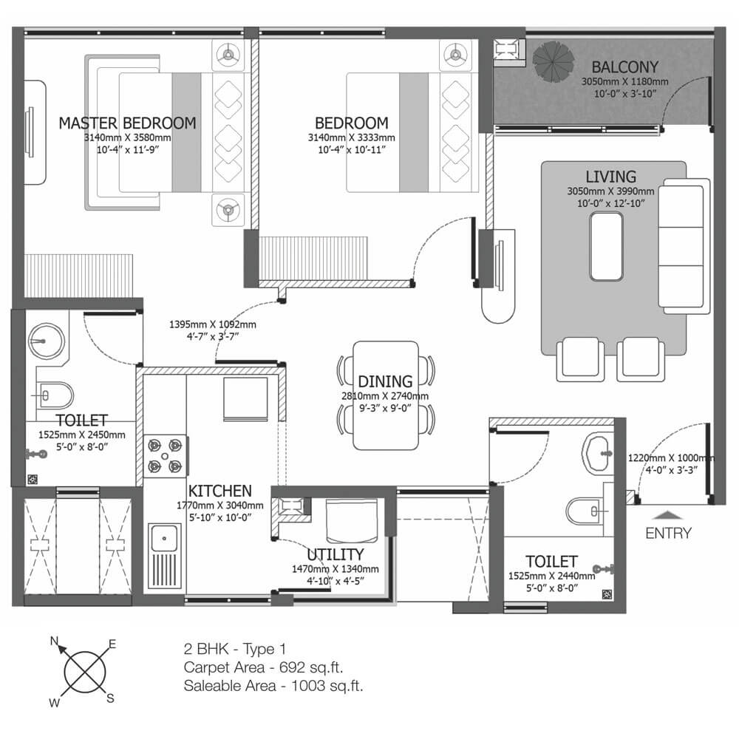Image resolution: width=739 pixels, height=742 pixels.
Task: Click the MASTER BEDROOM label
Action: [x=127, y=123]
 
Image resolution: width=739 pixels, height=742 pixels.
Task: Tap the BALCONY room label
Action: [x=625, y=67]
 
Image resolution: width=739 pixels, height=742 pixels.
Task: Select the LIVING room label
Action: [x=611, y=177]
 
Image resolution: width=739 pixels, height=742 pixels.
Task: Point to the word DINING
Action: [x=385, y=381]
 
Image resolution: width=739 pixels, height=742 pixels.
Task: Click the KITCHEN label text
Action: [x=220, y=491]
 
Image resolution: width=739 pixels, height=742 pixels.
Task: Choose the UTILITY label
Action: [x=336, y=554]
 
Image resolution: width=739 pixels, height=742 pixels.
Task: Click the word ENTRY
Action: [x=668, y=534]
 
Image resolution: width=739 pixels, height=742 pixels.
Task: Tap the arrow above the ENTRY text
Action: [x=667, y=515]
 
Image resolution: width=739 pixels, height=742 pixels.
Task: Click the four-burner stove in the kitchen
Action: [x=165, y=456]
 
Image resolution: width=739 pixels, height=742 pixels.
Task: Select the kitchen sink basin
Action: [x=164, y=539]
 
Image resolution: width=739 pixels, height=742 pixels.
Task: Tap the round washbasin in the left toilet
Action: [x=46, y=341]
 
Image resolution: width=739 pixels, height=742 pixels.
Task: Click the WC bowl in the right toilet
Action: [x=585, y=511]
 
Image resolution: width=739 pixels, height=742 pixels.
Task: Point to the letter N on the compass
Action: [x=55, y=641]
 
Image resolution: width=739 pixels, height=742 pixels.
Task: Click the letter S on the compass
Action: [x=110, y=698]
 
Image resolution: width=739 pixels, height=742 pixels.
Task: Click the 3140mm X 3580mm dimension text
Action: [x=128, y=137]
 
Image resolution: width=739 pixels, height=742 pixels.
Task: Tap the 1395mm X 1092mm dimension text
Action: [x=213, y=324]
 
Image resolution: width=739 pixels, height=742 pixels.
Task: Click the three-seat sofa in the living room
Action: [x=684, y=246]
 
